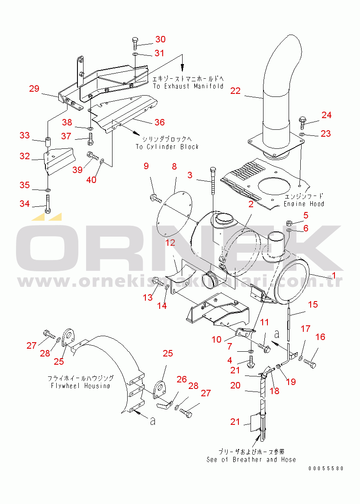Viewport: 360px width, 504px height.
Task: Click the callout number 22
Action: (x=235, y=91)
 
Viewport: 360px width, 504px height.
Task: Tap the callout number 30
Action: (x=160, y=39)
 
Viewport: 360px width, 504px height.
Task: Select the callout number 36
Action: (x=160, y=122)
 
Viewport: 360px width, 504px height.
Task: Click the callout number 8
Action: (x=174, y=166)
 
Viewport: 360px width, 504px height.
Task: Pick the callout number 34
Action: (x=25, y=203)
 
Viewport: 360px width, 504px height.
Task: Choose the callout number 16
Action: (x=320, y=337)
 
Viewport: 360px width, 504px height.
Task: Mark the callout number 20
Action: (x=235, y=385)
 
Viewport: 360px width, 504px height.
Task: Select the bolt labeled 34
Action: (x=47, y=204)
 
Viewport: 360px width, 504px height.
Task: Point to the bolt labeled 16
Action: (x=310, y=364)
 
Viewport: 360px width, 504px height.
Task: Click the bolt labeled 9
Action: (x=155, y=199)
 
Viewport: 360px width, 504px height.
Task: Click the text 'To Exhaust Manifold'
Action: (x=188, y=86)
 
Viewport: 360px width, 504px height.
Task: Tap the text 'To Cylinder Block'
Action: (x=167, y=147)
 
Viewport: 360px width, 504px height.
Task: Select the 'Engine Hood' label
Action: (x=304, y=204)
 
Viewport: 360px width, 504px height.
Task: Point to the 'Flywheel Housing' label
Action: (x=80, y=385)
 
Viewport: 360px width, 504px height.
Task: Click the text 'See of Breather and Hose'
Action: (x=251, y=459)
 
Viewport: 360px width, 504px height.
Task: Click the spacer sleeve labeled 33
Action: (x=48, y=141)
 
